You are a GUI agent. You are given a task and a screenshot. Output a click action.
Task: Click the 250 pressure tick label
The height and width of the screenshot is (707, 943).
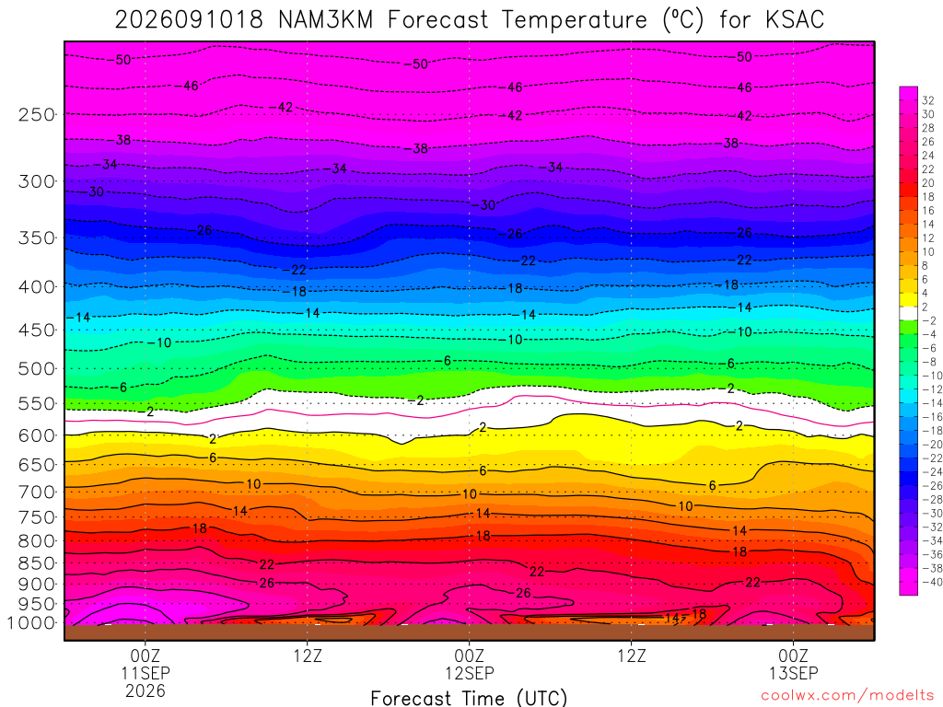[36, 114]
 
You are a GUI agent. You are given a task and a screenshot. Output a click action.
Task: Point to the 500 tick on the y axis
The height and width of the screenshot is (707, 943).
[36, 368]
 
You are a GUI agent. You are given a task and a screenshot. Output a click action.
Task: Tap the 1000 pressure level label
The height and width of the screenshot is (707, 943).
[32, 623]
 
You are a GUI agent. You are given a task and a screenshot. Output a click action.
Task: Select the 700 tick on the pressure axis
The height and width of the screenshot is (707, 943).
[36, 492]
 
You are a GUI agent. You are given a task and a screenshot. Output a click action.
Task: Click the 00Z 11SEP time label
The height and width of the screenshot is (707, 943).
[146, 664]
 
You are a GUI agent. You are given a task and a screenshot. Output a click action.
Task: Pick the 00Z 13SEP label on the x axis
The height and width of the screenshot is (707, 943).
[793, 664]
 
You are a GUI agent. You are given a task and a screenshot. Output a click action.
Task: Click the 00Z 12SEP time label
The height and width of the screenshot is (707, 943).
[469, 664]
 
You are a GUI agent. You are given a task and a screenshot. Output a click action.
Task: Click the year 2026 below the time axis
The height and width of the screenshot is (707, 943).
[146, 690]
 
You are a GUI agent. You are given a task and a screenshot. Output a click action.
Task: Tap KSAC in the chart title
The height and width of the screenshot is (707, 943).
[795, 20]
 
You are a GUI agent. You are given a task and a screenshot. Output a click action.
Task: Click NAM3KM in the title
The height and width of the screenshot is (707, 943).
[325, 20]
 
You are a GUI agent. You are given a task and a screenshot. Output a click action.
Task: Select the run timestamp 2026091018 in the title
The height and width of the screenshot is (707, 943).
[189, 20]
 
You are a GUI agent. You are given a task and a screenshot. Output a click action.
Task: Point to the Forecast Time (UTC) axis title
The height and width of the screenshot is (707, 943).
[469, 698]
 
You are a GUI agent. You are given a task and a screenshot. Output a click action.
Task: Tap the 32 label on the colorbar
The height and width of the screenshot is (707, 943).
[928, 100]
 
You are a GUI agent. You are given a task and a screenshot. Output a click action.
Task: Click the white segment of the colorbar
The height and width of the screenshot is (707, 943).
[908, 313]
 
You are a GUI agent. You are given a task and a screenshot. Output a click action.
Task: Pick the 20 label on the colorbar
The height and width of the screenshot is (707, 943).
[928, 183]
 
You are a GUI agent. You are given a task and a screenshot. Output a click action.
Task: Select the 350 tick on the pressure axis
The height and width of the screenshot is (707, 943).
[36, 238]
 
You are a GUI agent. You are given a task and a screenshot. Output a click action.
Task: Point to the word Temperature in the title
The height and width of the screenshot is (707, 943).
[574, 20]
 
